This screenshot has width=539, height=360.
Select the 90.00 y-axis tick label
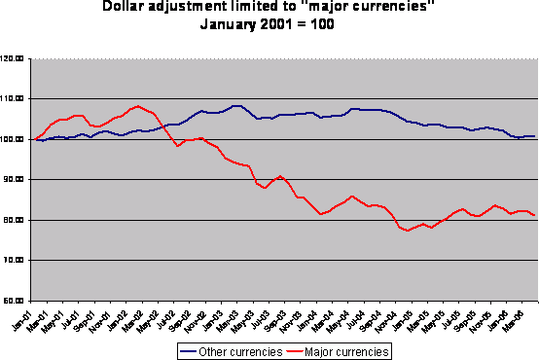tap(15, 180)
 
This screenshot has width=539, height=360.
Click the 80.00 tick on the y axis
tap(15, 221)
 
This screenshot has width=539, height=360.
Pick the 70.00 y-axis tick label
tap(15, 261)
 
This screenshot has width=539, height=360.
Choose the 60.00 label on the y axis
tap(15, 301)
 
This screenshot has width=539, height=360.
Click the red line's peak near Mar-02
tap(138, 105)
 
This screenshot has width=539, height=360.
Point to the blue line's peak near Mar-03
tap(235, 105)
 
